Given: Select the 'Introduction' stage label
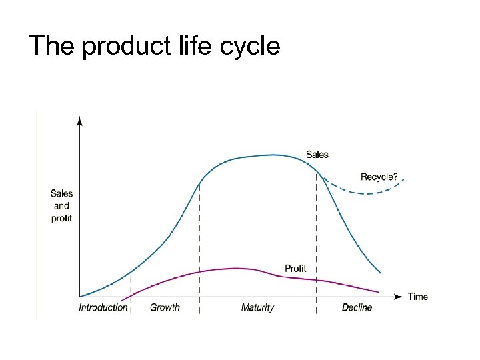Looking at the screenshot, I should click(103, 307).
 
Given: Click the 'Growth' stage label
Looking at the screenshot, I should click(165, 307).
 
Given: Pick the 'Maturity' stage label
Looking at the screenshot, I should click(257, 307).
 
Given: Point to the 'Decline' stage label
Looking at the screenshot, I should click(357, 307).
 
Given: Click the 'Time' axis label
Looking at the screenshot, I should click(417, 297).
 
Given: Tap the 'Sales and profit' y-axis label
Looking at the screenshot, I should click(61, 206).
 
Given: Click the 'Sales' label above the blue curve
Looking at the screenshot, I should click(317, 155).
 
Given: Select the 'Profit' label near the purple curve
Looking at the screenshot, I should click(295, 268).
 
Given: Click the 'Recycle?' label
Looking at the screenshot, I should click(379, 177).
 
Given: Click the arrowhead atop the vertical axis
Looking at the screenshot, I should click(79, 121).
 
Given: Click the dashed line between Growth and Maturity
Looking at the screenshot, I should click(199, 247).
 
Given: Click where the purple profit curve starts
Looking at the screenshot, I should click(123, 299).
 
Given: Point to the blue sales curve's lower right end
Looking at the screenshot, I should click(380, 273).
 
